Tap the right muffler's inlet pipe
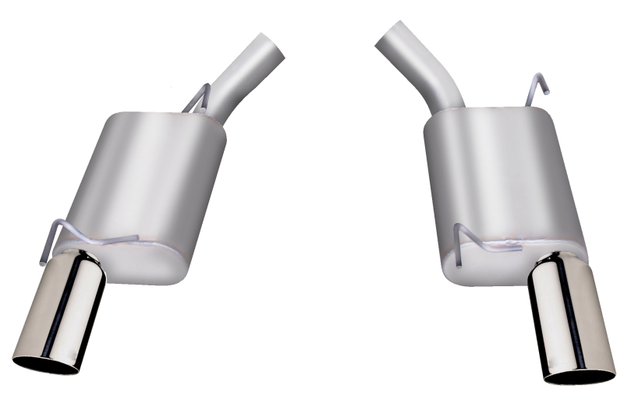(421, 66)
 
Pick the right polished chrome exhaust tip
(565, 320)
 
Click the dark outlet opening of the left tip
(45, 363)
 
